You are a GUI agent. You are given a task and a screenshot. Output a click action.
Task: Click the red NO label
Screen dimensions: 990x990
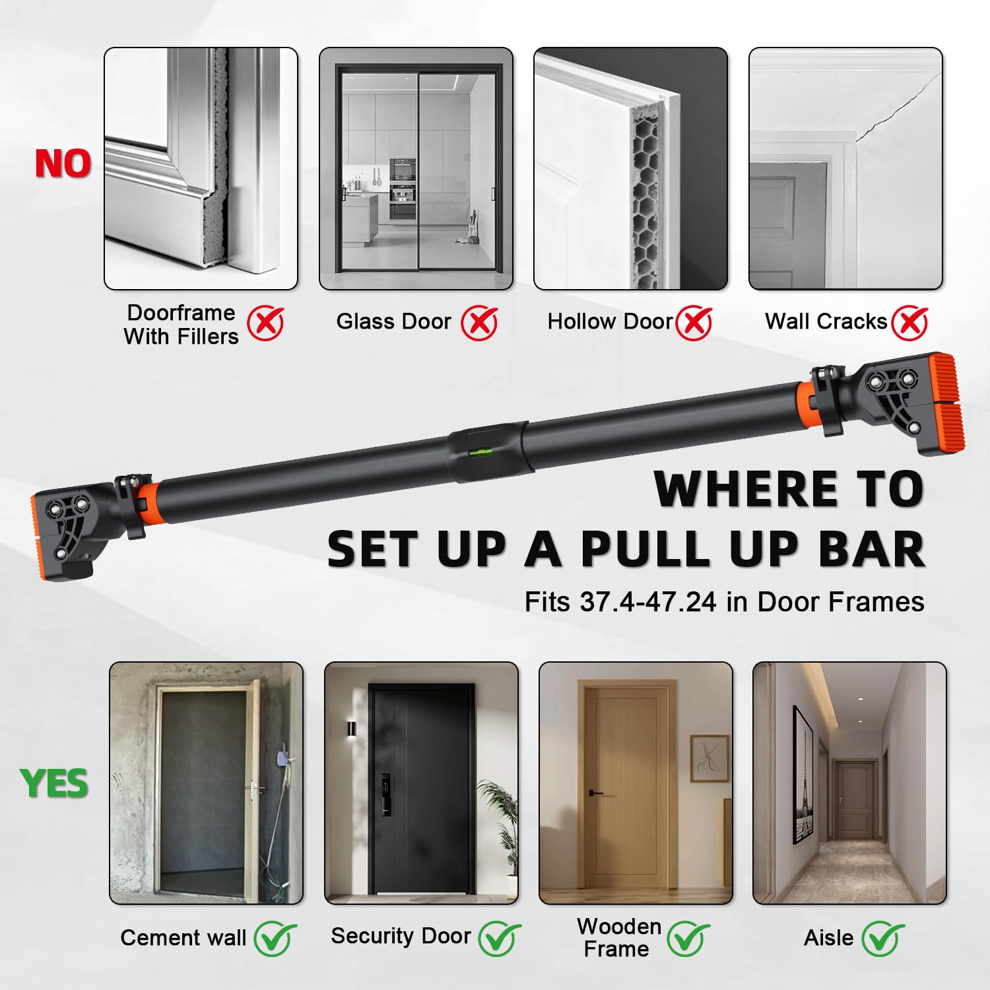63,164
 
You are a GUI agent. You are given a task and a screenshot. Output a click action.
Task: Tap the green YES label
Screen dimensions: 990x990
54,783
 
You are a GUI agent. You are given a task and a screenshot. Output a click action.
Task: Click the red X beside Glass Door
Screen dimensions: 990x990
479,323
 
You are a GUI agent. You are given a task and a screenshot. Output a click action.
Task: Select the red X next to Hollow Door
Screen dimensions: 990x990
694,323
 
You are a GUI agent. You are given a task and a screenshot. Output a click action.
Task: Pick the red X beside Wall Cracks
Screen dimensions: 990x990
909,323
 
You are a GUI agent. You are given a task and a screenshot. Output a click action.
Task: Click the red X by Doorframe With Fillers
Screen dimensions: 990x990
265,323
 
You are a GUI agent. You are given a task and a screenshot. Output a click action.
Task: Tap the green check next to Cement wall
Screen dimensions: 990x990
275,938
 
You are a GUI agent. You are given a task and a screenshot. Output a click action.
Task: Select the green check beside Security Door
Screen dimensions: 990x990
498,938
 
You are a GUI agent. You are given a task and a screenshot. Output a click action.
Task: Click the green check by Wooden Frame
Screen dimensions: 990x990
688,938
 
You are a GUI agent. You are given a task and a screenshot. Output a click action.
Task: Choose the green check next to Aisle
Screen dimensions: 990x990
883,938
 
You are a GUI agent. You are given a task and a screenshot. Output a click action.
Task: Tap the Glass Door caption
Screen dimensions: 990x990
393,321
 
